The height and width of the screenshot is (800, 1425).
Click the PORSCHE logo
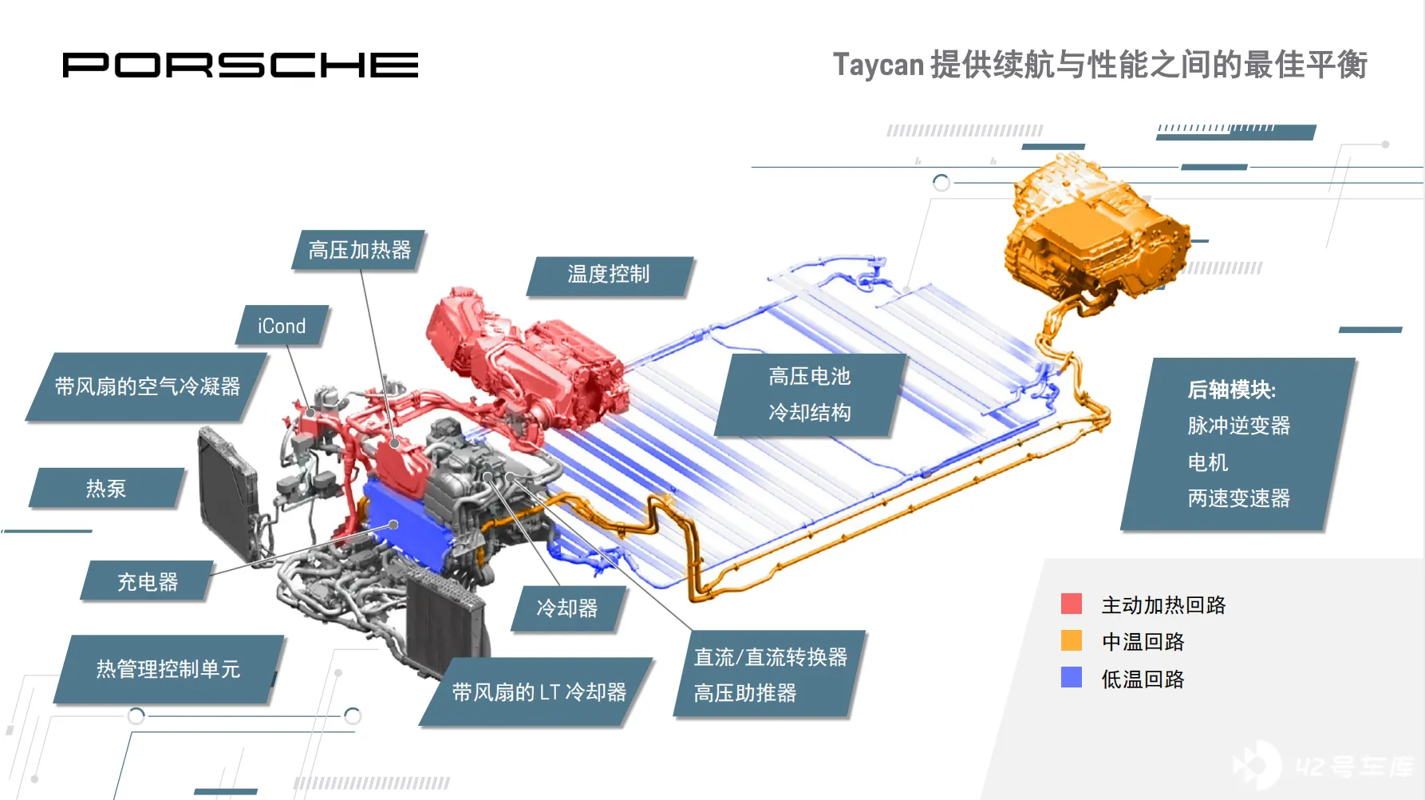[240, 65]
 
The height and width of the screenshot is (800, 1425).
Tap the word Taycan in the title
[878, 65]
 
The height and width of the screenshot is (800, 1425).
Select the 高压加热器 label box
[359, 251]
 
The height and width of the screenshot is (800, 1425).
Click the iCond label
[282, 326]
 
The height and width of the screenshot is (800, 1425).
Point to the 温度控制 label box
[609, 275]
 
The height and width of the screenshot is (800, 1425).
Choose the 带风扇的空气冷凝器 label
[147, 387]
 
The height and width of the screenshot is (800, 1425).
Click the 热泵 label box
[106, 489]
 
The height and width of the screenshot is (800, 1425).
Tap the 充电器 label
[148, 582]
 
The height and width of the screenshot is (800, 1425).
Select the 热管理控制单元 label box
[168, 669]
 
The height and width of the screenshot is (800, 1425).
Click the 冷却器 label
[567, 609]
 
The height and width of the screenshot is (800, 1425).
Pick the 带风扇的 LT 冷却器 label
[539, 692]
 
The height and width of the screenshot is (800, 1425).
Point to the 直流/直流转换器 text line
[771, 657]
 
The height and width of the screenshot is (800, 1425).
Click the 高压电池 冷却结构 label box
[810, 395]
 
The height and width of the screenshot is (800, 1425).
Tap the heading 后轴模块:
[1232, 390]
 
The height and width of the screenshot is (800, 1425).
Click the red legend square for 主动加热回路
[1072, 604]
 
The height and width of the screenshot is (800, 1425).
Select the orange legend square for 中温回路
[1072, 641]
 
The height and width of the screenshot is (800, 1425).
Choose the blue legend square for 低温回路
[1072, 678]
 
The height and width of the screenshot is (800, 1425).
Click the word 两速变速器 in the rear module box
[1238, 498]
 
